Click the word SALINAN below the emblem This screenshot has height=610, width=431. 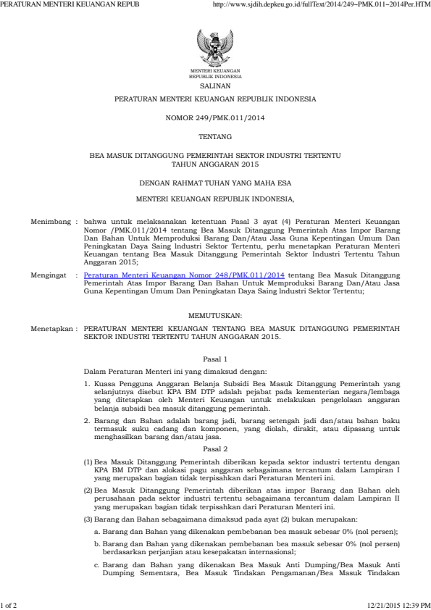[x=215, y=84]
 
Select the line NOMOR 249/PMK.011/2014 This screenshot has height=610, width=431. [x=215, y=117]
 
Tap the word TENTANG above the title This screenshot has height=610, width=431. [x=215, y=136]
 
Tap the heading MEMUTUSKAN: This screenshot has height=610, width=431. [x=215, y=315]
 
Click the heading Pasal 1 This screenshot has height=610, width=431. [x=215, y=359]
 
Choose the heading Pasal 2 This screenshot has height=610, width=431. [x=215, y=428]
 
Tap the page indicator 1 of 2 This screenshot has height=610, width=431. [x=9, y=603]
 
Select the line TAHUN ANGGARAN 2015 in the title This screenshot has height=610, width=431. [x=215, y=164]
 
